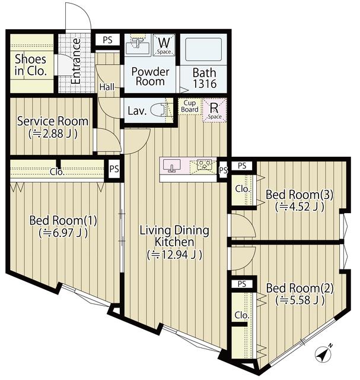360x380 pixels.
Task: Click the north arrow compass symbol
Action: tap(323, 355)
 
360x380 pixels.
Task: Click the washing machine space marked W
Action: tap(164, 45)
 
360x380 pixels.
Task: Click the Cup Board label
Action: tap(190, 106)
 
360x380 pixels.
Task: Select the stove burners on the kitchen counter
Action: tap(204, 164)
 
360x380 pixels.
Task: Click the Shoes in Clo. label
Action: tap(30, 66)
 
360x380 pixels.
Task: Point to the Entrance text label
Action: tap(76, 62)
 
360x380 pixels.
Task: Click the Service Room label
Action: tap(52, 126)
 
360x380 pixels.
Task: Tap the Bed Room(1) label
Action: tap(63, 226)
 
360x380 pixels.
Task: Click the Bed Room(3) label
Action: tap(295, 200)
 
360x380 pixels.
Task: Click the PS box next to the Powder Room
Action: tap(107, 40)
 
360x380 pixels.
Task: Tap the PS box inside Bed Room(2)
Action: tap(242, 284)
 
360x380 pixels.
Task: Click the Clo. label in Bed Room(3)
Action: tap(241, 189)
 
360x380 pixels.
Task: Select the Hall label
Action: tap(107, 87)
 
